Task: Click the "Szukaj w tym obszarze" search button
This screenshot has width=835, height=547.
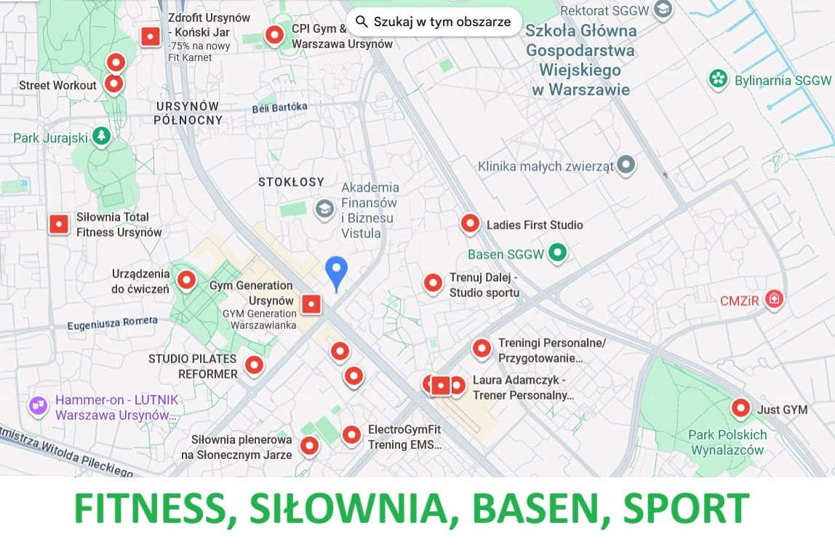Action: (434, 22)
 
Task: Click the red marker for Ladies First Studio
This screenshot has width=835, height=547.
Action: (471, 224)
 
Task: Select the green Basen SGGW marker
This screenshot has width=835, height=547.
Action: (557, 254)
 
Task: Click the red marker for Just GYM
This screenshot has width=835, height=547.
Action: (741, 408)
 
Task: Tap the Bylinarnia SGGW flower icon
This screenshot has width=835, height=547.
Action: (719, 79)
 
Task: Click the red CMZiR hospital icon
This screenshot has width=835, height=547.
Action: (775, 299)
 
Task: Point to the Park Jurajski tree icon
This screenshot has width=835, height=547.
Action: (101, 136)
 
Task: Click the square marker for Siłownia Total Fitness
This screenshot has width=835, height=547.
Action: (59, 224)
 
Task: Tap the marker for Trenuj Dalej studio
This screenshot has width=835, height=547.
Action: (434, 283)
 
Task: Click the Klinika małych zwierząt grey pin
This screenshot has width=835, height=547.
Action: (626, 165)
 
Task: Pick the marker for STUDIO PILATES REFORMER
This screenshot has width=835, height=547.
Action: (254, 365)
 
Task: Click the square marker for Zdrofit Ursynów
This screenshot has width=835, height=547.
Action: (151, 36)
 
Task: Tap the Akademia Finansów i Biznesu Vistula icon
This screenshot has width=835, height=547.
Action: (324, 210)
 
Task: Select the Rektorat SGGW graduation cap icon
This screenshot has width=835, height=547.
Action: (662, 9)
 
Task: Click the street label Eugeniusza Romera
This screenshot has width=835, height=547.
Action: (112, 323)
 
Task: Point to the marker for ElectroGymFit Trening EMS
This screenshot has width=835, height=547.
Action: (352, 434)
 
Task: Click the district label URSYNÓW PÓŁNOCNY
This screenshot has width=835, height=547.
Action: (188, 113)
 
